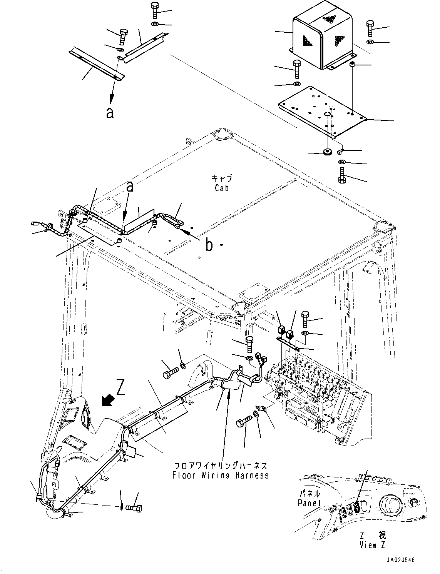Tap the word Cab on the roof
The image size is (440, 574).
click(x=222, y=188)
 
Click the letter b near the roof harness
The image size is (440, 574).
click(x=209, y=245)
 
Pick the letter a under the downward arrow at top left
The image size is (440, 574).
click(x=110, y=113)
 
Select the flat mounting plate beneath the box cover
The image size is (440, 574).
click(x=323, y=112)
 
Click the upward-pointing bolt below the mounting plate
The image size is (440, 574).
click(x=342, y=175)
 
